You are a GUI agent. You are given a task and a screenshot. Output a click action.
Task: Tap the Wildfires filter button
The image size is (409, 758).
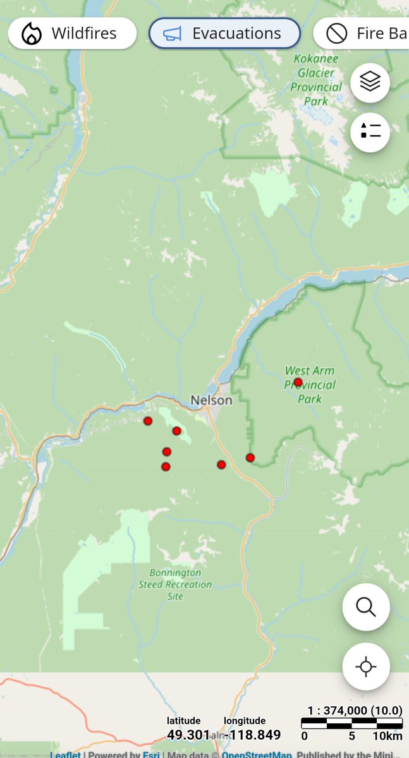coord(71,33)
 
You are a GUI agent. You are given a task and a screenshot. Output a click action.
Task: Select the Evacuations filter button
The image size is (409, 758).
coord(224,33)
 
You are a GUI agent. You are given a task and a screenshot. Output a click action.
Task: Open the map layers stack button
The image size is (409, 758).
coord(370,82)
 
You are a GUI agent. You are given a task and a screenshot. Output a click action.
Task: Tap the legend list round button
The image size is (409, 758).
coord(370,131)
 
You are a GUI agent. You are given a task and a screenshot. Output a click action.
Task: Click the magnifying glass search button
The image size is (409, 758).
coord(366,607)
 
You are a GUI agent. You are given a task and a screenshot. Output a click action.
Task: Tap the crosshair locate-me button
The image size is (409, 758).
coord(366,666)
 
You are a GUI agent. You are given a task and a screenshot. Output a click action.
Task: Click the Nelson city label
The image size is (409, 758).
coord(211,400)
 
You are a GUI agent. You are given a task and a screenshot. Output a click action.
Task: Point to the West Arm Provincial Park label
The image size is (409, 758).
coord(310,385)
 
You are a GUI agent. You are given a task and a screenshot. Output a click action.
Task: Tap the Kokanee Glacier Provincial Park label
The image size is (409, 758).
coord(316,80)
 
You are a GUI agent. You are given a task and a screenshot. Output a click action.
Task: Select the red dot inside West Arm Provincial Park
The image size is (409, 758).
coord(298,382)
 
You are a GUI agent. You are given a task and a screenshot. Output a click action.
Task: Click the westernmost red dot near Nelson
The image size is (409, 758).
coord(148,421)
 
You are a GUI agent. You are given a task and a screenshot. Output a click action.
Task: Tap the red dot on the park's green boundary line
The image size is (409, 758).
coord(250,457)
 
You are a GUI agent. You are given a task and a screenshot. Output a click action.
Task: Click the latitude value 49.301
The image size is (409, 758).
coord(188,735)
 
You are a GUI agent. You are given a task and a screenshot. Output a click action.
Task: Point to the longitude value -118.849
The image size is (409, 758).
coord(252,735)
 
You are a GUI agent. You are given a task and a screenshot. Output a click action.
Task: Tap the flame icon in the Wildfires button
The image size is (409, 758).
coord(31,34)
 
